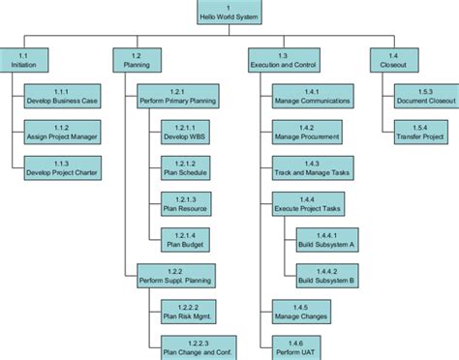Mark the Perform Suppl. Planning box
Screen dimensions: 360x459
174,275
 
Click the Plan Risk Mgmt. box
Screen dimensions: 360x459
185,311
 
